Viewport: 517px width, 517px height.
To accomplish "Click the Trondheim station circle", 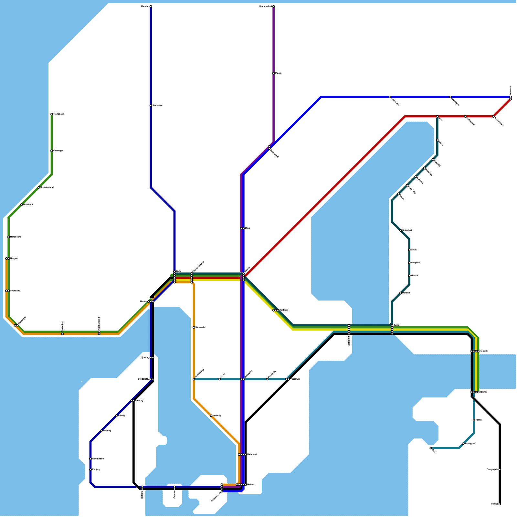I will click(52, 114).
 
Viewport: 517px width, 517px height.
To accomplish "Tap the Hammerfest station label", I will click(266, 6).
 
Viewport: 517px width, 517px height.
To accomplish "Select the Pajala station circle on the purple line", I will click(273, 73).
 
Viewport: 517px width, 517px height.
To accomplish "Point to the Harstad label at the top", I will click(145, 6).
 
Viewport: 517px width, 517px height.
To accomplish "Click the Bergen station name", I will click(14, 258).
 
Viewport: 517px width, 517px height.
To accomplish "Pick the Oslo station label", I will click(178, 271).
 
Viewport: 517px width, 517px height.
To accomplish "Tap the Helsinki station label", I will click(484, 351).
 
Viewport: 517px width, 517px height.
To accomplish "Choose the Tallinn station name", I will click(483, 392).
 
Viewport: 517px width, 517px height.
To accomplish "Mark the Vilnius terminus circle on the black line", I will click(500, 504).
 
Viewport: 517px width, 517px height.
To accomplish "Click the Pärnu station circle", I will click(474, 420).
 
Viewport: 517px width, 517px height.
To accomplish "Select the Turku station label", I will click(396, 325).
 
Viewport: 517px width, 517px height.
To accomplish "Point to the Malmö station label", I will click(250, 485).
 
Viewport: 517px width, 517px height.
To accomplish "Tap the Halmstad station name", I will click(252, 455).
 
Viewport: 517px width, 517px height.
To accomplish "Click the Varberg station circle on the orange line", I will click(211, 416).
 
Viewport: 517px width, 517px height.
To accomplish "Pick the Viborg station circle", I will click(116, 416).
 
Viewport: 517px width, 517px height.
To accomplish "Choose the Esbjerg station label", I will click(96, 470).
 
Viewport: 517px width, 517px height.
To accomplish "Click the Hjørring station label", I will click(145, 358).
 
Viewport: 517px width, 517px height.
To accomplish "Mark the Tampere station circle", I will click(409, 263).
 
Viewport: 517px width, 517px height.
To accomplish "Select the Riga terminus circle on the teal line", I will click(431, 448).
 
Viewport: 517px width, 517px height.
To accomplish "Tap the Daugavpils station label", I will click(492, 470).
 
